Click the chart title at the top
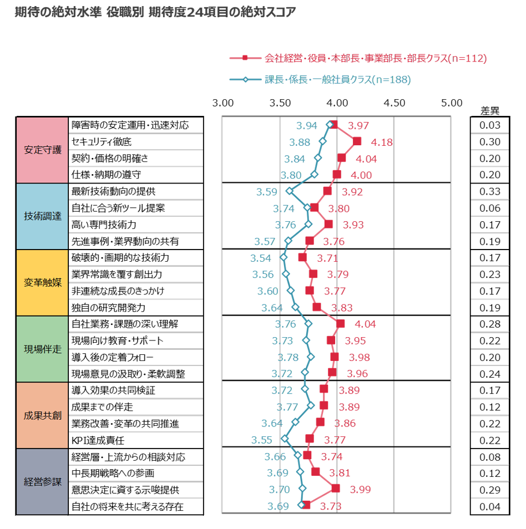[x=155, y=12]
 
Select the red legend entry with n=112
[x=358, y=58]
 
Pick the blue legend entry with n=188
[x=320, y=80]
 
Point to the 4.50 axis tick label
[x=394, y=103]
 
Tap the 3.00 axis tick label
[x=223, y=103]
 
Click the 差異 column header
[x=490, y=111]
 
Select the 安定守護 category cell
[x=42, y=150]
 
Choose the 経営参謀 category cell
[x=42, y=482]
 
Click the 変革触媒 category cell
[x=42, y=283]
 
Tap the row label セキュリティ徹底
[x=102, y=142]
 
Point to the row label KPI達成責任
[x=98, y=440]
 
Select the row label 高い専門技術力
[x=104, y=225]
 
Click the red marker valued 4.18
[x=357, y=141]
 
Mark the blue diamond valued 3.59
[x=289, y=191]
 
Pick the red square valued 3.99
[x=335, y=488]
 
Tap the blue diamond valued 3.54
[x=284, y=257]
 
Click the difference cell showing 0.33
[x=490, y=191]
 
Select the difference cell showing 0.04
[x=490, y=506]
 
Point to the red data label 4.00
[x=361, y=175]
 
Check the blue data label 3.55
[x=262, y=440]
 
